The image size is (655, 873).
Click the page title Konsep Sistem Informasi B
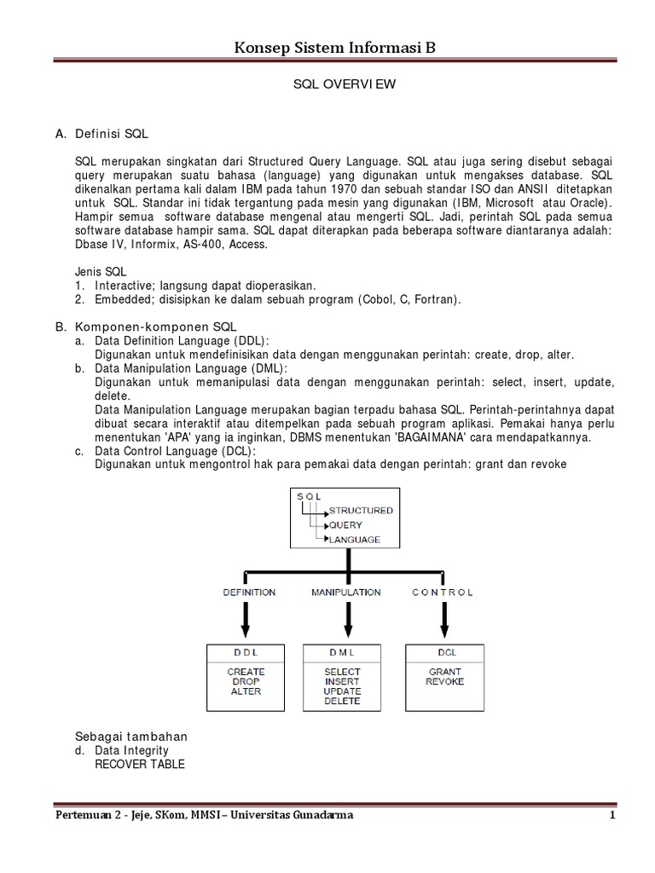tap(334, 48)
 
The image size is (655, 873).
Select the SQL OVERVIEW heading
tap(334, 86)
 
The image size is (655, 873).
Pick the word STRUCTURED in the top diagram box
tap(361, 511)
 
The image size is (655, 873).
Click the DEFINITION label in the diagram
tap(249, 592)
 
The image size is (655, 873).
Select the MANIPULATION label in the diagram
tap(346, 592)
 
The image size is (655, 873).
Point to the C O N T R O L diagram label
tap(442, 592)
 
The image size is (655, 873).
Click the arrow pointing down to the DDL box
tap(246, 621)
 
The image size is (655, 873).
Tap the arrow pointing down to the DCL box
tap(443, 621)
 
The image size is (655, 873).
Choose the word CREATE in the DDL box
tap(246, 672)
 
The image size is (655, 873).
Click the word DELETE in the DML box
tap(342, 702)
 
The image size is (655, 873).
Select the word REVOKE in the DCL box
tap(444, 682)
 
